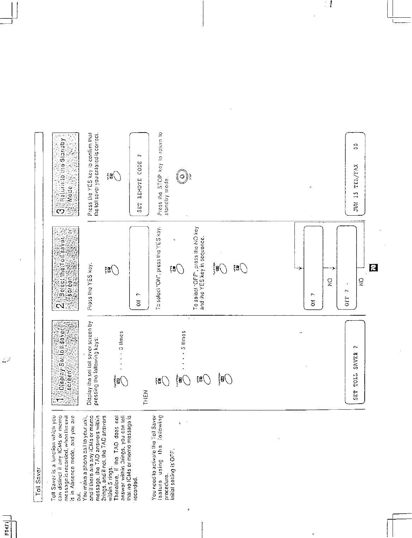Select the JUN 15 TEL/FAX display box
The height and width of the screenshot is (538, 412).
354,174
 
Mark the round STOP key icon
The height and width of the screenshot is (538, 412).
182,176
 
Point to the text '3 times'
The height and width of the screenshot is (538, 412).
121,341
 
